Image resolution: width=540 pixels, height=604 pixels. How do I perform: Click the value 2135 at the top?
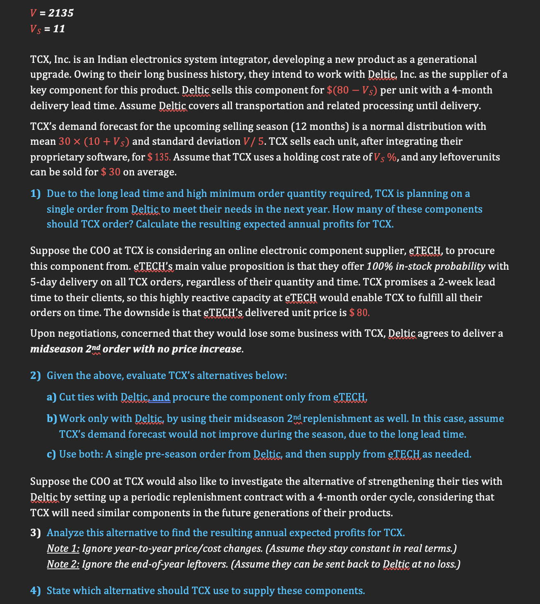61,13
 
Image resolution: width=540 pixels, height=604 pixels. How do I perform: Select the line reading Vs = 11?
48,29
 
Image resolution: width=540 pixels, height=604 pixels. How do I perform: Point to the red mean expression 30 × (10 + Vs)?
94,141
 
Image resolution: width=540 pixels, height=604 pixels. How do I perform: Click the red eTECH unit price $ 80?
359,313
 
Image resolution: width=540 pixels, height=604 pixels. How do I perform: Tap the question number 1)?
36,194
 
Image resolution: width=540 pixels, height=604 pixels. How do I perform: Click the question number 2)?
36,376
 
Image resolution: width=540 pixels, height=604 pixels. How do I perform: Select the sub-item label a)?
52,397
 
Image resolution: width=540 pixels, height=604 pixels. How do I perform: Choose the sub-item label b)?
52,419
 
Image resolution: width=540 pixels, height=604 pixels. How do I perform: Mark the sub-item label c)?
52,454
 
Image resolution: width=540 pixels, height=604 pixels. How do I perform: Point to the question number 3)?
36,533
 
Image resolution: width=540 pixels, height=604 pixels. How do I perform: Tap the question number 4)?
36,591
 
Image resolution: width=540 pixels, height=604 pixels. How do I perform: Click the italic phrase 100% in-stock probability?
426,266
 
